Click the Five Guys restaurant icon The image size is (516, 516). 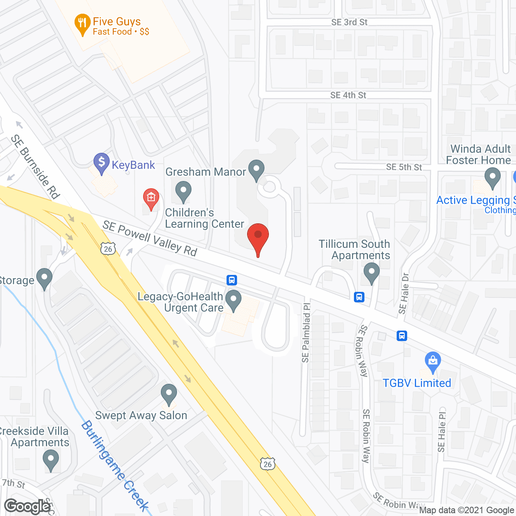[82, 25]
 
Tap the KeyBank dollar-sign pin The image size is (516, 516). [101, 163]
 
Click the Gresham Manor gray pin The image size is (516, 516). [256, 170]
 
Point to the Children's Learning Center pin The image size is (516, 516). [183, 191]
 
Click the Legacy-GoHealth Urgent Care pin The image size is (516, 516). [233, 301]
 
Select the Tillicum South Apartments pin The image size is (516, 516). [371, 273]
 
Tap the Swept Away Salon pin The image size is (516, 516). [169, 394]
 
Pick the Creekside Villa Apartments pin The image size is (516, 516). [51, 460]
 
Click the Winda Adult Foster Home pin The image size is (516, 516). [492, 178]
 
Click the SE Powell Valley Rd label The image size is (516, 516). [150, 238]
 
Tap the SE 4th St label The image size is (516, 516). [348, 95]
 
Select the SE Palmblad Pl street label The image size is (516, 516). [306, 333]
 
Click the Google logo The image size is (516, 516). [27, 506]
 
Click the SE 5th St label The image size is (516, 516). [404, 167]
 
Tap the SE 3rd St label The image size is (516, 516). [350, 22]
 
